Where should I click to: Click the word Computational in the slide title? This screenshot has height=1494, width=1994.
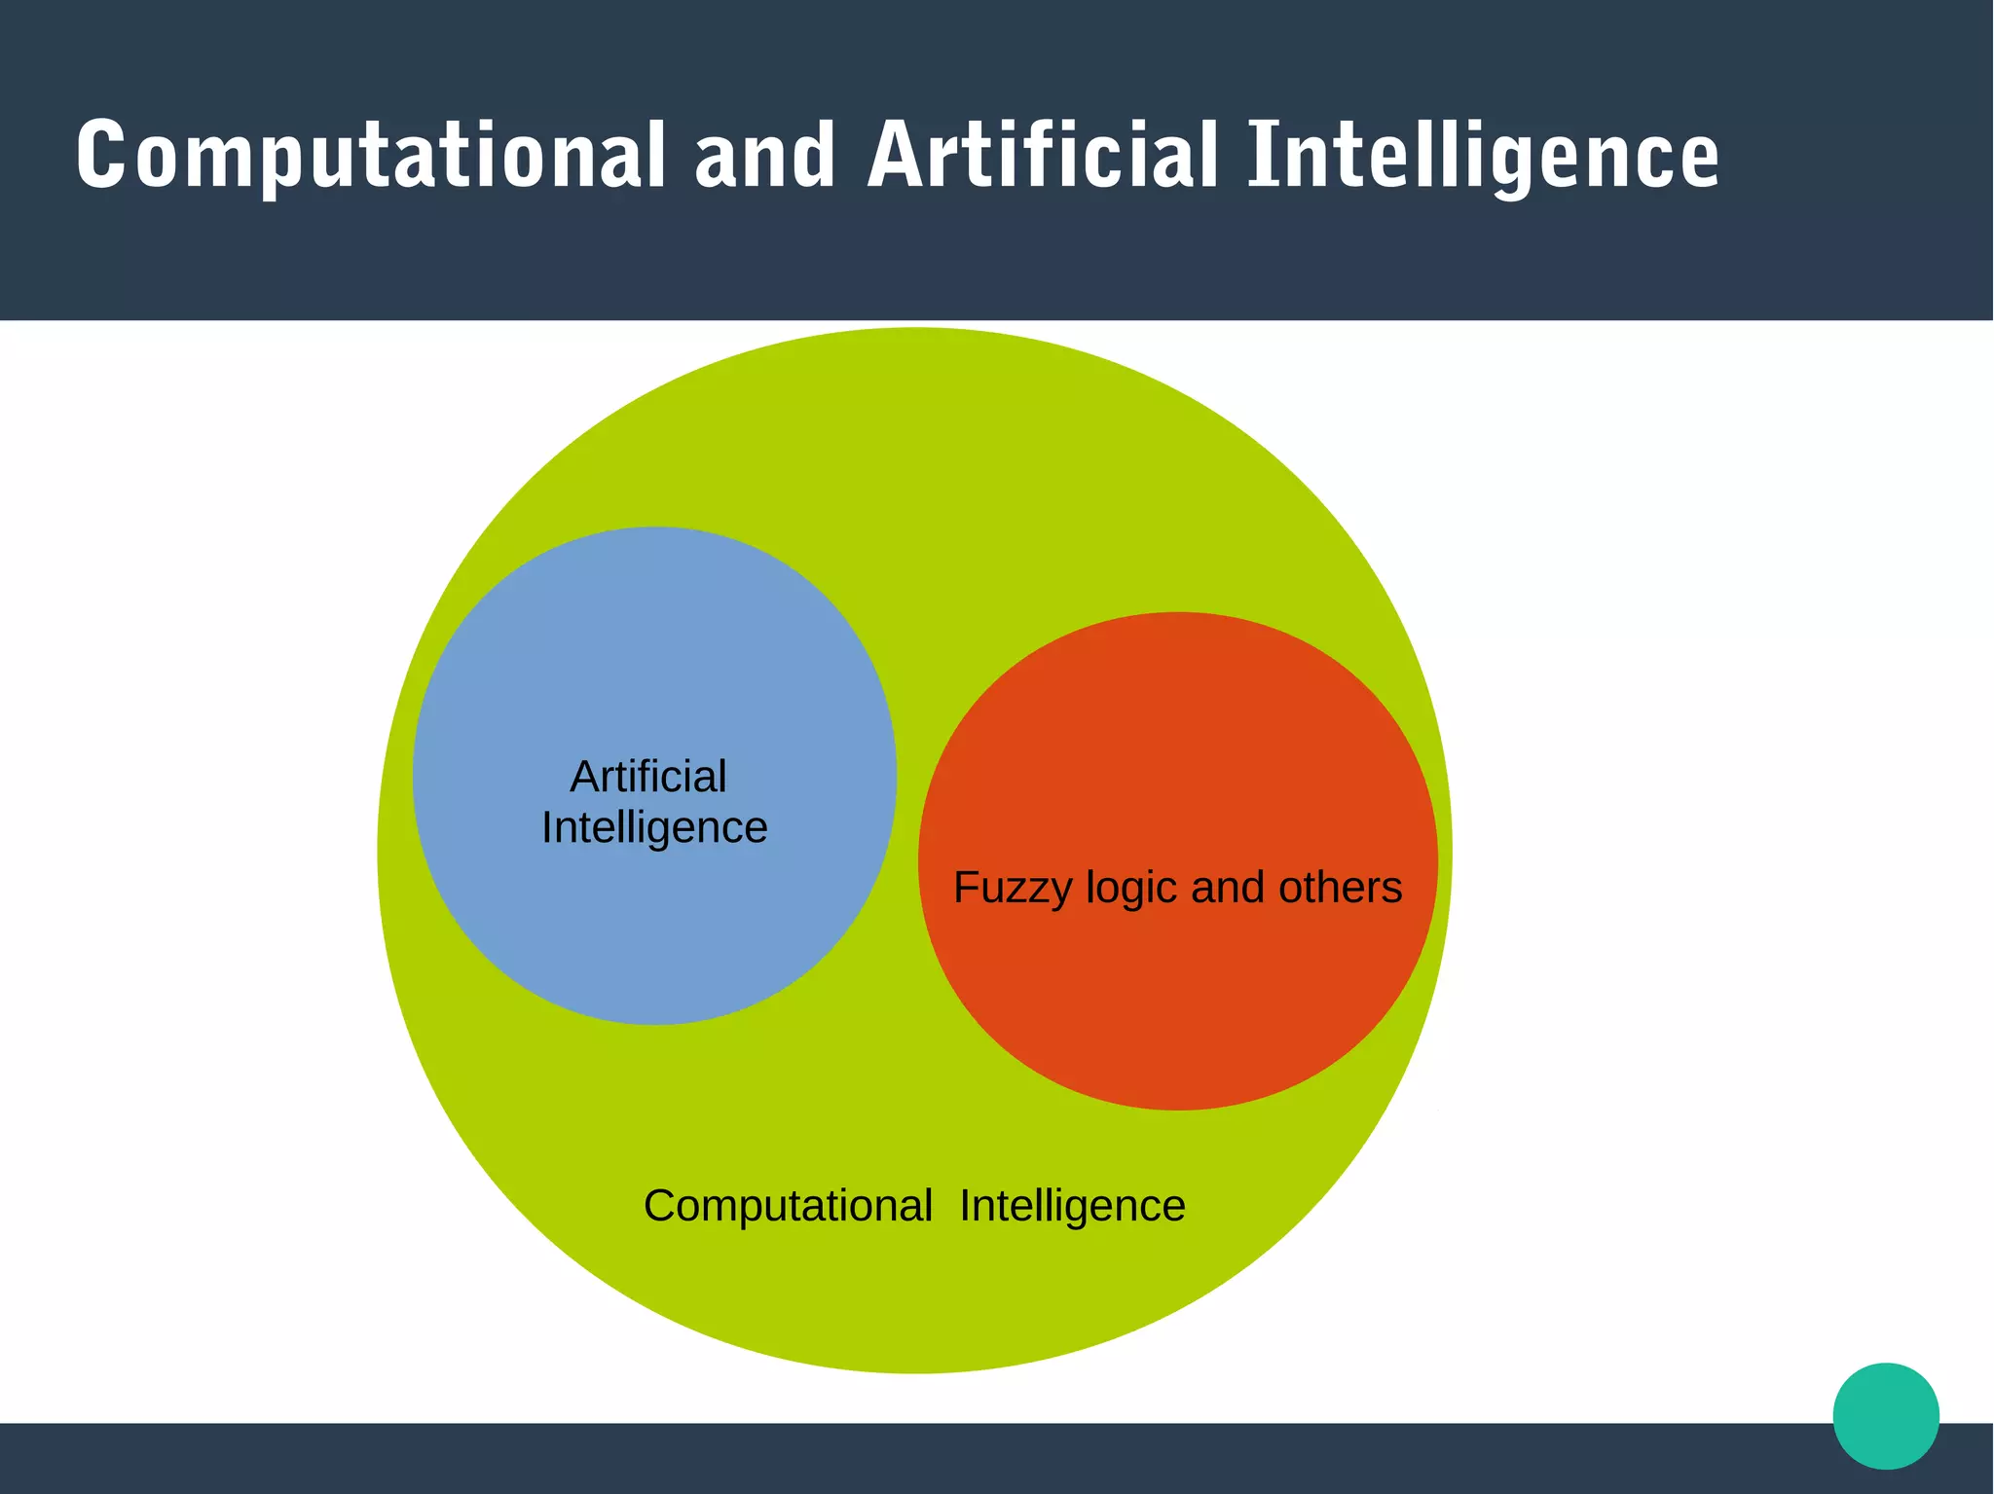(x=370, y=156)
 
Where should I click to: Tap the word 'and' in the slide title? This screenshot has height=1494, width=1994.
(x=765, y=156)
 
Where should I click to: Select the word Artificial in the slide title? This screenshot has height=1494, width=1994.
(x=1042, y=156)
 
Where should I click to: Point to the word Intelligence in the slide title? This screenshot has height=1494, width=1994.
(x=1483, y=156)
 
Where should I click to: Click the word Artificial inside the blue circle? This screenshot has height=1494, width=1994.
(x=648, y=777)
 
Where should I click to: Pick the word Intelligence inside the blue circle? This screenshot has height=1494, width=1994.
(x=654, y=828)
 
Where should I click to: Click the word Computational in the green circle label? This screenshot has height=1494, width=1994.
(x=788, y=1206)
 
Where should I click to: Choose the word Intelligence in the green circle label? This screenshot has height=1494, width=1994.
(x=1072, y=1206)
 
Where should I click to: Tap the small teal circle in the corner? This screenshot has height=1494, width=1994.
(x=1886, y=1415)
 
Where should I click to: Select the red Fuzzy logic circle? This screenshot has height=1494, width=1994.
(x=1178, y=993)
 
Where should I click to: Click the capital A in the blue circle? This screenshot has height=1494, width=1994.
(x=585, y=777)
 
